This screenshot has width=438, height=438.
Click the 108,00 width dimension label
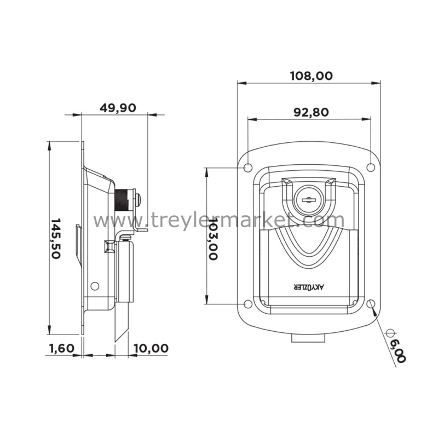(x=311, y=76)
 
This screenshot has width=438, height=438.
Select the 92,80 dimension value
(x=311, y=112)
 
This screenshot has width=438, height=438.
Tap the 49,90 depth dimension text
(x=118, y=108)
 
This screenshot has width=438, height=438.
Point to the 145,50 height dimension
(x=56, y=239)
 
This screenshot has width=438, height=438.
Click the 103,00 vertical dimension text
(x=213, y=239)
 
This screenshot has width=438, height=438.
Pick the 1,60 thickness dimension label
(x=62, y=348)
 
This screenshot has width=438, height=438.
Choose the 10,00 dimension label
(x=151, y=348)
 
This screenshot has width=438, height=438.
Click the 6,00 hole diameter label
(x=398, y=351)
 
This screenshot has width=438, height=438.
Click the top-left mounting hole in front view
(x=248, y=168)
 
